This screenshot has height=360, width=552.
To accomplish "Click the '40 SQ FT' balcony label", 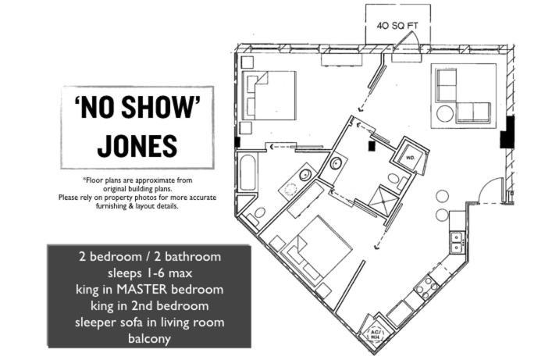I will tap(397, 25).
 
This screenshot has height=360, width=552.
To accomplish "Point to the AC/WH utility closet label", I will tap(376, 334).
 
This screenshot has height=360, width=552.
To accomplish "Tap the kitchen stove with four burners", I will tap(427, 287).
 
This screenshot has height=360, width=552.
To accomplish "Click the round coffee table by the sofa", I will tap(445, 113).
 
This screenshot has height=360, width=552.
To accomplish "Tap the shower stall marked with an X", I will tap(388, 198).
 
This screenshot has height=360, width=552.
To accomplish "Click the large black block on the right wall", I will tap(507, 132).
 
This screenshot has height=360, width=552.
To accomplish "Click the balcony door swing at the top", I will tap(408, 52).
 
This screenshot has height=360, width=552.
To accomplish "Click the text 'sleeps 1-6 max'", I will tap(148, 273).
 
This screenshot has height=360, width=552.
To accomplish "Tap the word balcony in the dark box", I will tap(148, 339).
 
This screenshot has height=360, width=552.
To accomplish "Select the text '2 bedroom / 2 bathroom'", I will tap(148, 256).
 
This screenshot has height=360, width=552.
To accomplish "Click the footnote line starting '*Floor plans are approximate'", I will tap(137, 180).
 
